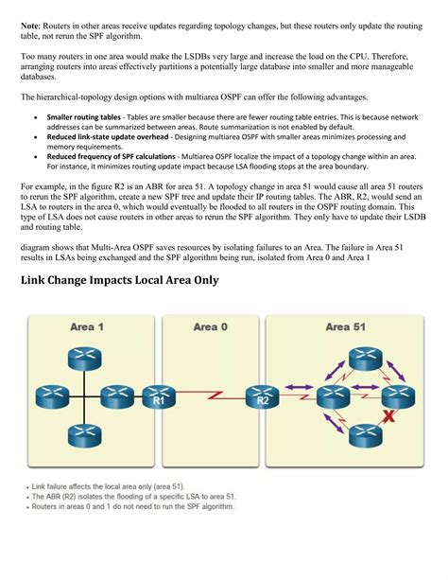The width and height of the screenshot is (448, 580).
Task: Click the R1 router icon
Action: coord(160,396)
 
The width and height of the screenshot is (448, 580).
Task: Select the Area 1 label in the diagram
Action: coord(87,326)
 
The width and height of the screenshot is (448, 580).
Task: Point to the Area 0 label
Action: coord(210,326)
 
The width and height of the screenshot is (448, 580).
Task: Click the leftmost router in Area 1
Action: coord(43,396)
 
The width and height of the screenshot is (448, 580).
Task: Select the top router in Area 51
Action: coord(364,359)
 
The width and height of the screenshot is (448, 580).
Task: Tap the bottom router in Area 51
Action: coord(364,435)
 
